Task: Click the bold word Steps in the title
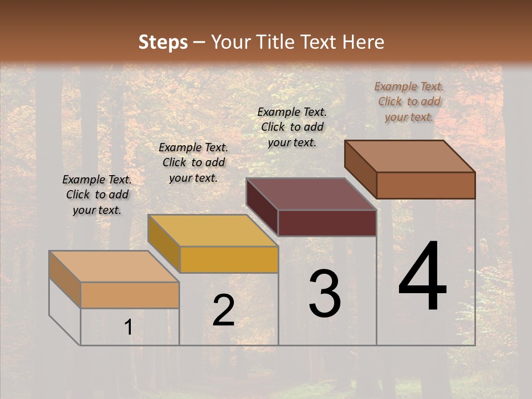coord(163,42)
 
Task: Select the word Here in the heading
coord(364,42)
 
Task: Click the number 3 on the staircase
coord(325,293)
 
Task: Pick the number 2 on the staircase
coord(224,310)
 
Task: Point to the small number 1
coord(129,328)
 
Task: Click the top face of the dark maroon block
coord(311,194)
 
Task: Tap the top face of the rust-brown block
coord(410,156)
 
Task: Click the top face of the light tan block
coord(114,267)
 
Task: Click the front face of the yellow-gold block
coord(229,259)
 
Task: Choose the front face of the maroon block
coord(327,223)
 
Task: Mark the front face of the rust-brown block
coord(426,185)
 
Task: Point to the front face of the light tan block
coord(130,295)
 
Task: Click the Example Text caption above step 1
coord(97,195)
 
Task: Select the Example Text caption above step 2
coord(193,162)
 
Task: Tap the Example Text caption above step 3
coord(292,127)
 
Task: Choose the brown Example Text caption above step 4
coord(409,101)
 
